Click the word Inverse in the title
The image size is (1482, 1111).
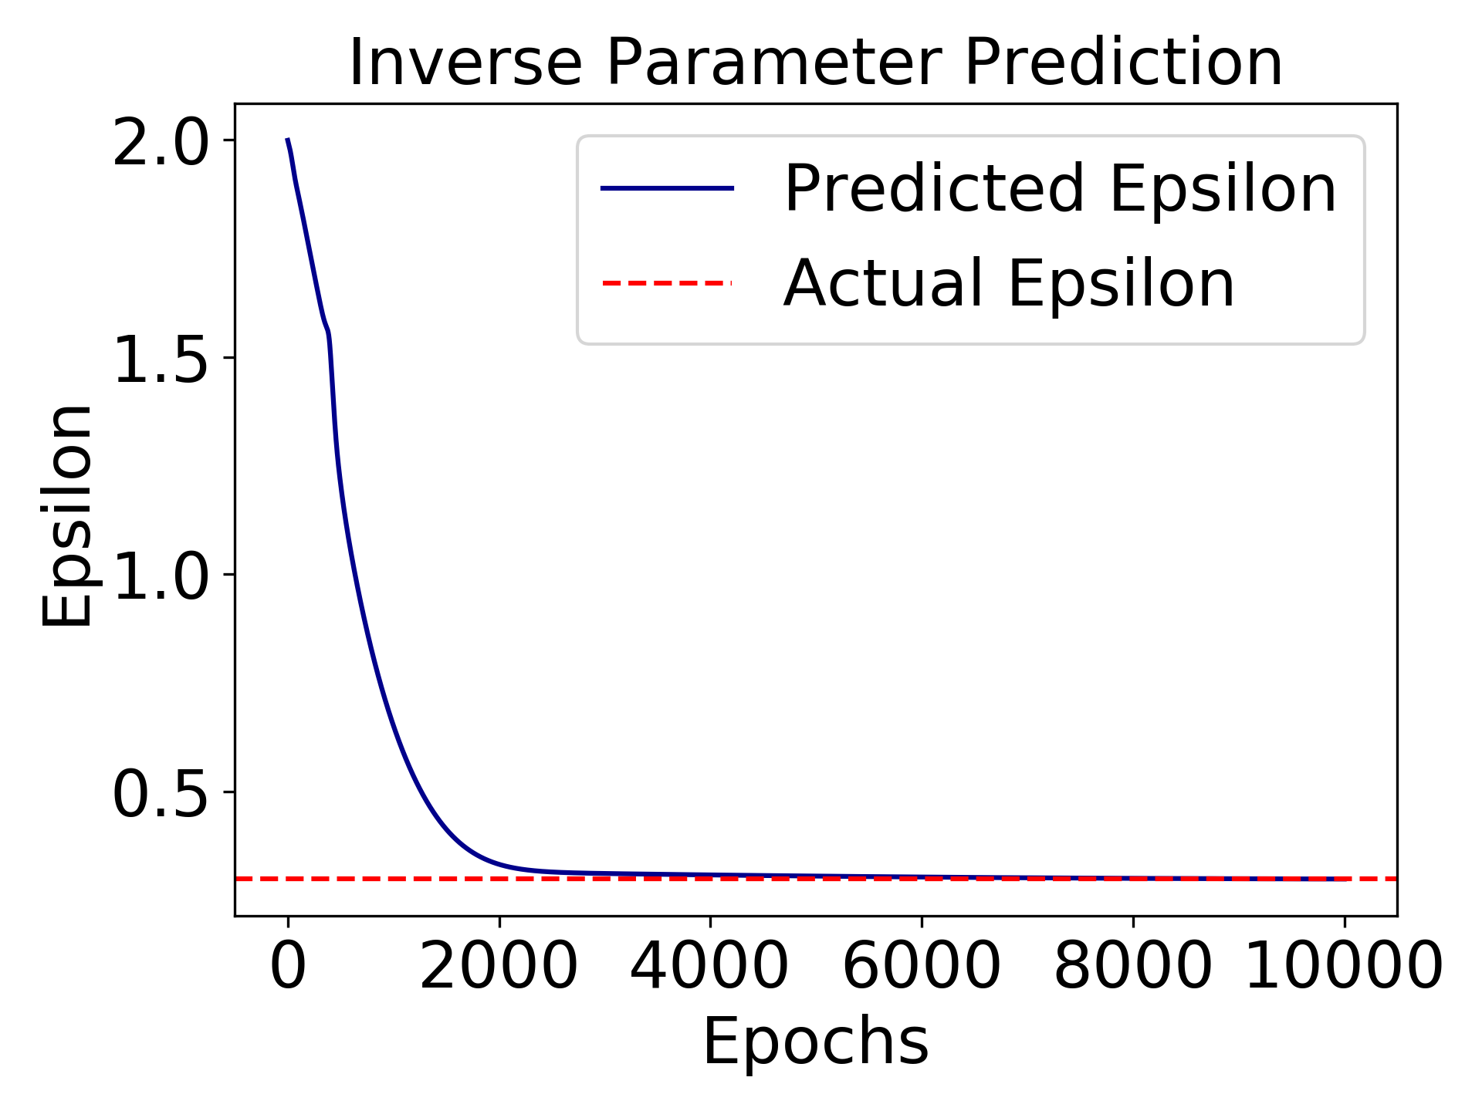tap(465, 63)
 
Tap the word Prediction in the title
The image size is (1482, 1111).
tap(1123, 63)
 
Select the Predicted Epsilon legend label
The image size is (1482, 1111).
tap(1060, 189)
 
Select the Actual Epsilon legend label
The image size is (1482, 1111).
tap(1009, 284)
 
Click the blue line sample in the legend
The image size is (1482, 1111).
tap(667, 189)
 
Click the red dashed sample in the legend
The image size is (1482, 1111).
tap(667, 283)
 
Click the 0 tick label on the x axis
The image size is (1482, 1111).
tap(288, 966)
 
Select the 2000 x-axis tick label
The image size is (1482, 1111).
tap(499, 966)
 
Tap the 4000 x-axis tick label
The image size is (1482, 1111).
tap(710, 966)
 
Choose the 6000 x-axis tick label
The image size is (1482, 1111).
tap(922, 966)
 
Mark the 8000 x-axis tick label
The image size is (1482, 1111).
tap(1133, 966)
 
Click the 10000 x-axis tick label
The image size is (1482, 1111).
tap(1344, 966)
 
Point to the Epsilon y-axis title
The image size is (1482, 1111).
tap(68, 515)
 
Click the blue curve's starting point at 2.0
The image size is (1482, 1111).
tap(288, 140)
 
